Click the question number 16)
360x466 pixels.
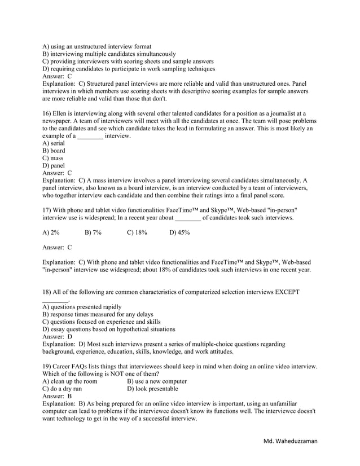(x=47, y=113)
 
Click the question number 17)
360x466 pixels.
(x=47, y=210)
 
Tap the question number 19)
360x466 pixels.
(x=47, y=366)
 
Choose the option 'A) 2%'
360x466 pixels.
(x=51, y=232)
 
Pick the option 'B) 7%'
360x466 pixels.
(x=93, y=232)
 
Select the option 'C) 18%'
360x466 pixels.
(x=137, y=232)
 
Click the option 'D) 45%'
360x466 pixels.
(x=179, y=232)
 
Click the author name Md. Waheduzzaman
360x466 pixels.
(x=290, y=455)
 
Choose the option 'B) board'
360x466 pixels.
(x=54, y=151)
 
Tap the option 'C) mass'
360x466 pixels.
(x=54, y=159)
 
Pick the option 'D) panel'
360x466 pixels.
(x=55, y=166)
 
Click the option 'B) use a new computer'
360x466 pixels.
(x=157, y=381)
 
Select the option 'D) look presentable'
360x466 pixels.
(x=152, y=389)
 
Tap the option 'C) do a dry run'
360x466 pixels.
(x=62, y=389)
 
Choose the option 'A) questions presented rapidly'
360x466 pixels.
(x=82, y=307)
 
